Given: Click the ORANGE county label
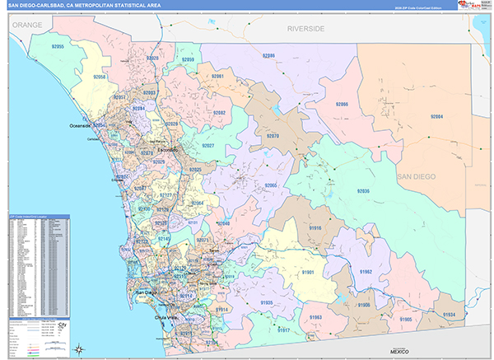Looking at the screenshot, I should (26, 26).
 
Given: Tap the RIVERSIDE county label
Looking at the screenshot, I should (305, 29).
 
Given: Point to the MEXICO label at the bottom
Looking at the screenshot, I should (399, 351).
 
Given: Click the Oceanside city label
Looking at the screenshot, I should (83, 126).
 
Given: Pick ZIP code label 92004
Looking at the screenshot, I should (436, 117).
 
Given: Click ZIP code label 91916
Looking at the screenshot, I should (315, 227).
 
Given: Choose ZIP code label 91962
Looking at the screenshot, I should (364, 272).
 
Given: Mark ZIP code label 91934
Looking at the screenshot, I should (448, 315).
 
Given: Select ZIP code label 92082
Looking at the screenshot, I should (219, 113).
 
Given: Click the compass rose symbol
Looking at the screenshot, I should (77, 348).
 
